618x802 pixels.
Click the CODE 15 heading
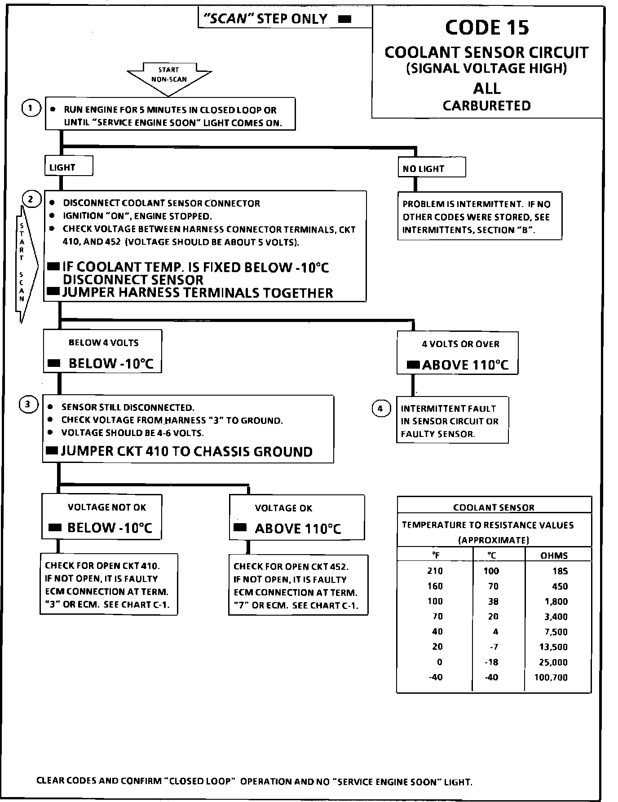click(487, 28)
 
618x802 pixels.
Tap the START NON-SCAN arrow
click(169, 76)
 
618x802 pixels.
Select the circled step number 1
click(31, 108)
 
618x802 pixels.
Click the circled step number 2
click(31, 199)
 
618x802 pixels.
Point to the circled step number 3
click(28, 405)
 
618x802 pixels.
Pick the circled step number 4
click(380, 409)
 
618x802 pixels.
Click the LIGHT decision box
click(68, 167)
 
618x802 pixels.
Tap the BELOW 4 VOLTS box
click(102, 352)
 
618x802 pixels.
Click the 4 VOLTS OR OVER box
click(457, 353)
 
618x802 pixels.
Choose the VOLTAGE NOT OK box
click(102, 517)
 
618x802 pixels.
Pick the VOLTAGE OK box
click(296, 518)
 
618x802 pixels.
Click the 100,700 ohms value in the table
click(551, 677)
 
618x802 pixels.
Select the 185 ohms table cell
click(560, 571)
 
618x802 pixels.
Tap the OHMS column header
click(554, 555)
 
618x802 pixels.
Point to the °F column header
click(435, 555)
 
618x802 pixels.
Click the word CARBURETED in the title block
click(487, 106)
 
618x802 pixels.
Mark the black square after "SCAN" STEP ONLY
click(344, 19)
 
